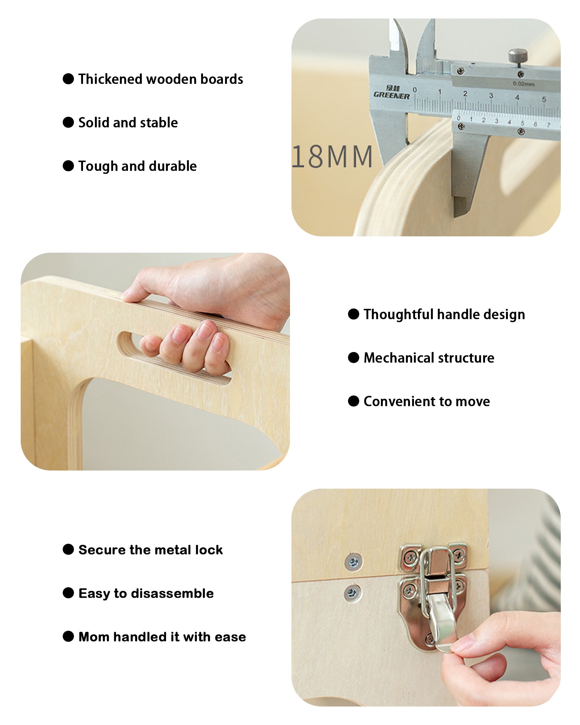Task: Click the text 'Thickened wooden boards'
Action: (161, 79)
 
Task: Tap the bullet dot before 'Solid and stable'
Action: (68, 122)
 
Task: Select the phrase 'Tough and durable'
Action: (137, 166)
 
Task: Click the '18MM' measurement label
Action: (332, 157)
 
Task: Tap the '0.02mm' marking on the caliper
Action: (523, 84)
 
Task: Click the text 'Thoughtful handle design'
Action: (444, 314)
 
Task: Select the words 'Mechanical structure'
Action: (429, 358)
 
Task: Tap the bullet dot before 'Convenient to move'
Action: (353, 401)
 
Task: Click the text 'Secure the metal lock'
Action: (150, 550)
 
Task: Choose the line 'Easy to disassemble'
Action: (146, 593)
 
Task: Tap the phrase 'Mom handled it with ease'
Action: (162, 637)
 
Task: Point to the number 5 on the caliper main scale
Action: (544, 99)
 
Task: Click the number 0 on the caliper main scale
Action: (415, 90)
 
